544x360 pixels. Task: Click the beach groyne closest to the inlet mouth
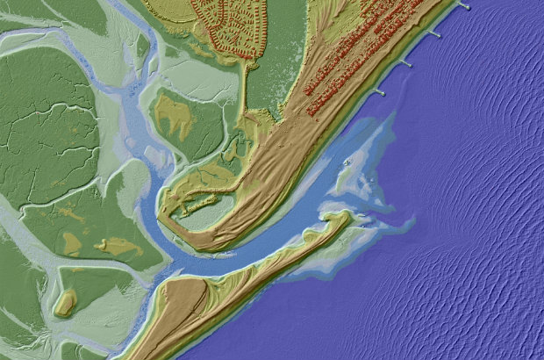[380, 90]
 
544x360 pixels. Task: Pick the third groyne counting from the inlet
[433, 33]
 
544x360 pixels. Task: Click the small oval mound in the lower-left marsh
[64, 304]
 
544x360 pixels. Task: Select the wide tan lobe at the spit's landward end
[189, 299]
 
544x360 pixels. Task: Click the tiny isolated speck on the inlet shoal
[348, 163]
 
